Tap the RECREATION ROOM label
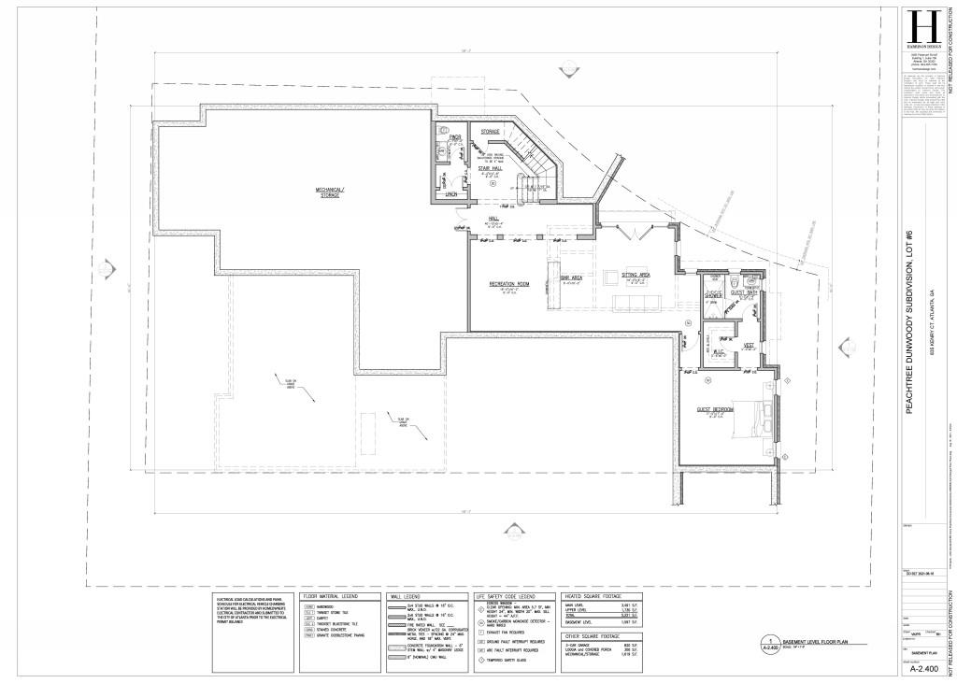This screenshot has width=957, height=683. coord(509,283)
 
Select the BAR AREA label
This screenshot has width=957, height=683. coord(572,277)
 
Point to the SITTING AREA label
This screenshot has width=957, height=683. coord(636,275)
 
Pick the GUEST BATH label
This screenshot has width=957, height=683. coord(744,293)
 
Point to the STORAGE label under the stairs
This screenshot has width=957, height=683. coord(491,132)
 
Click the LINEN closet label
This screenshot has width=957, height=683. coord(450,194)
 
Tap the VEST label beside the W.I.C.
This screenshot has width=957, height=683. coord(749,345)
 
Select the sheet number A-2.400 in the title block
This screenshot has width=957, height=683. coord(922,669)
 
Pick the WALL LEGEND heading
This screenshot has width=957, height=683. coord(404,595)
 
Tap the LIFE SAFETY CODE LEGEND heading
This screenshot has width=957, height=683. coord(506,595)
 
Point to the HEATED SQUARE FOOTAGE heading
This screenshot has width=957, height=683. coord(592,595)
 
